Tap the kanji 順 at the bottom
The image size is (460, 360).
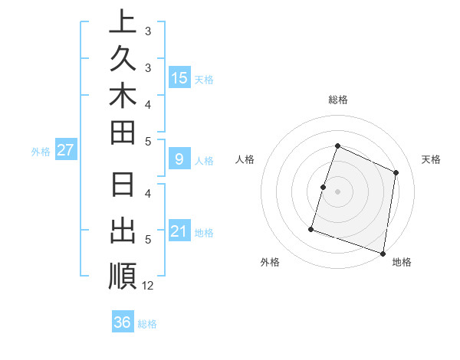123,276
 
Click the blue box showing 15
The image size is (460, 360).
179,77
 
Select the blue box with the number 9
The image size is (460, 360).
179,159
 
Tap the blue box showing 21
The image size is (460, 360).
179,231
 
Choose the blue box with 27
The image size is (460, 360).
65,150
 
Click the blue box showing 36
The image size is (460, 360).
123,322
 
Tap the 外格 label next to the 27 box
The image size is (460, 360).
40,151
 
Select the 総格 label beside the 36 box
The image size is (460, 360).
148,323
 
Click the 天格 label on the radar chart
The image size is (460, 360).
431,159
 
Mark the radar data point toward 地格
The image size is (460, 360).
383,253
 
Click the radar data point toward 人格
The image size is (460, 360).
324,187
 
